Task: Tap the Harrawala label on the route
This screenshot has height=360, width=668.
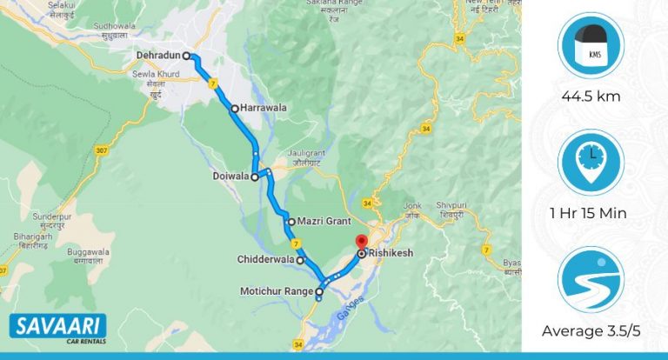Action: click(264, 109)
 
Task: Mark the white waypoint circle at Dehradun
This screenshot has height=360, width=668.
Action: click(186, 56)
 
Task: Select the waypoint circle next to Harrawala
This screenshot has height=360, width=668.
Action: click(234, 109)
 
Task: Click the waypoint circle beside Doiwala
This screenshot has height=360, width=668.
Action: click(255, 177)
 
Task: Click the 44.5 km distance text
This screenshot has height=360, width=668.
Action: click(591, 97)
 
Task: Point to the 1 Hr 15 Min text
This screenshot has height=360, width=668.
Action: click(591, 213)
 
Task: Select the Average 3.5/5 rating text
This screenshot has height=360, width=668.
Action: click(591, 330)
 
